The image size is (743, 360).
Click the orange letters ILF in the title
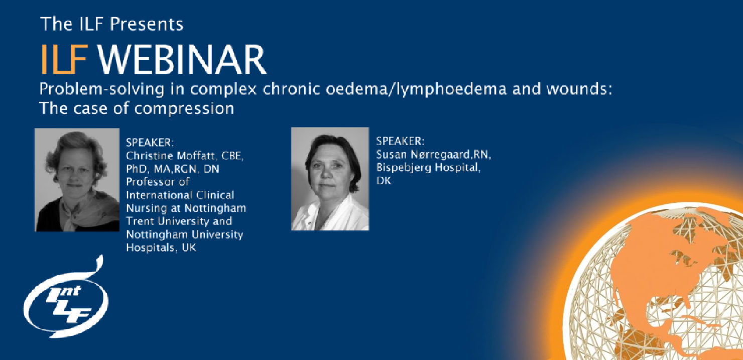pos(64,59)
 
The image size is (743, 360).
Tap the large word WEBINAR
pos(182,59)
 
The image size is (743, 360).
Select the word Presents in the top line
pos(147,24)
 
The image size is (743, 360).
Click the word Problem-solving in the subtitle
pos(102,89)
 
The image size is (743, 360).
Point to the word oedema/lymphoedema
pos(416,89)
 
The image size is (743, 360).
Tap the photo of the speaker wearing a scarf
pos(77,180)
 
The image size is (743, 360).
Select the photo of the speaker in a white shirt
pos(330,179)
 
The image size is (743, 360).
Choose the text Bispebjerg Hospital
pos(428,168)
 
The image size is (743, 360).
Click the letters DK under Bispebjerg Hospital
pos(384,181)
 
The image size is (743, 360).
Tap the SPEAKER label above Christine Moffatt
pos(150,143)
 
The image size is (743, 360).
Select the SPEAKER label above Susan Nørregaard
pos(400,142)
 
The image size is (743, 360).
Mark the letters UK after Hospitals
pos(189,248)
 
